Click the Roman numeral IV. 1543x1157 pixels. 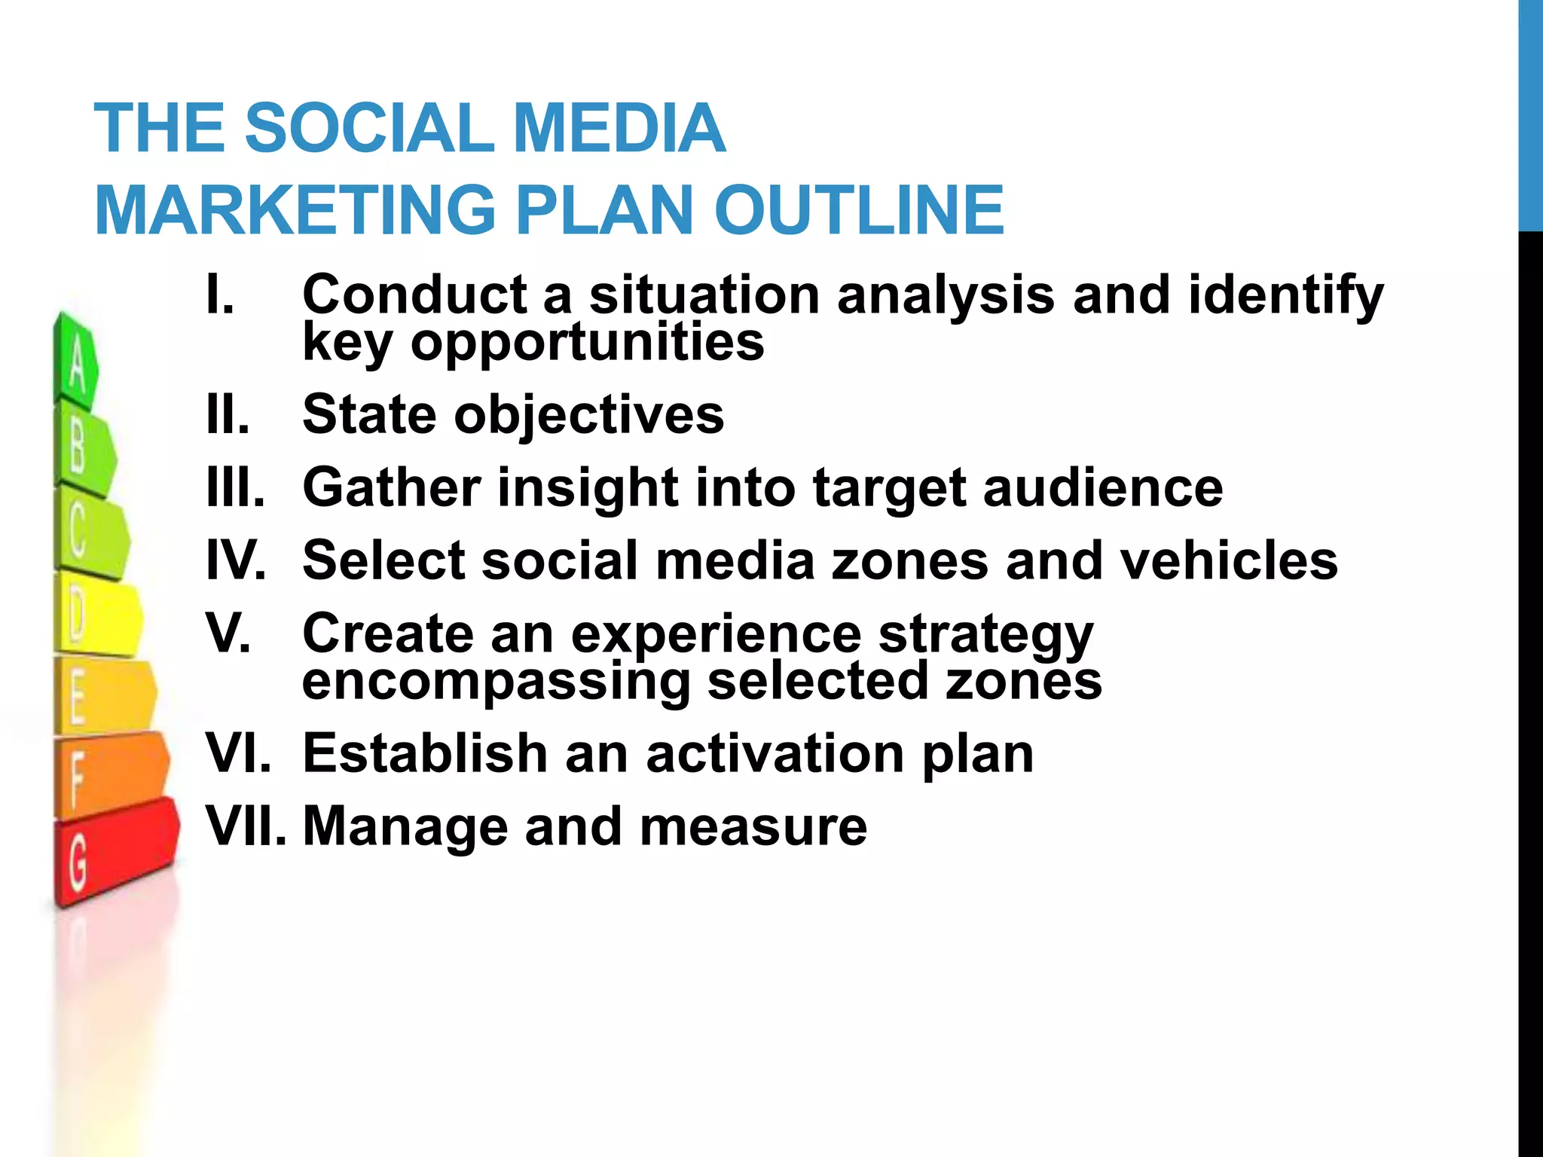[236, 560]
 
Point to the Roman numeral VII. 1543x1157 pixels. [246, 826]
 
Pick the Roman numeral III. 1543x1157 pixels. [236, 487]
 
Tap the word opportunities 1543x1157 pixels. [587, 343]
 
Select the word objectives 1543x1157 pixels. [588, 415]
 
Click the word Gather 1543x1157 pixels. [391, 487]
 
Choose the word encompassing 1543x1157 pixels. [496, 682]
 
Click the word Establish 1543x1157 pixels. [425, 753]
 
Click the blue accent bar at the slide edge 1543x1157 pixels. [1530, 113]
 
